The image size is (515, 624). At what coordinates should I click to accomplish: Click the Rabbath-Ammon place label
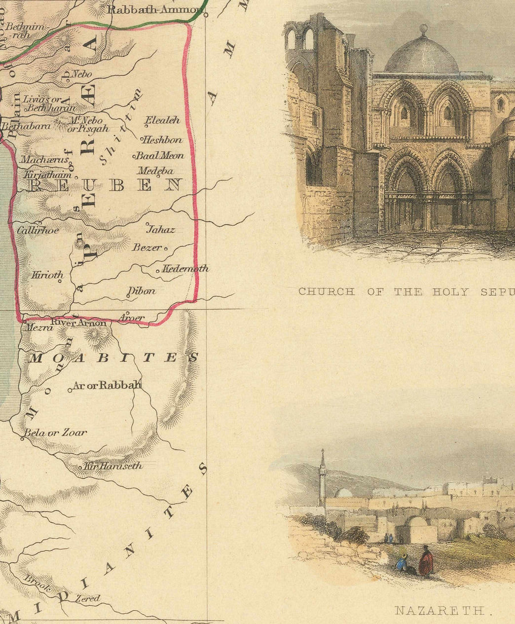pos(156,9)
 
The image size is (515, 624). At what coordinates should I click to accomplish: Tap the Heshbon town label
pos(163,140)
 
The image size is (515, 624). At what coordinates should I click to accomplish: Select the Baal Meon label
pos(160,155)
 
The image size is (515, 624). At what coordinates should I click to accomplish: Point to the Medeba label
pos(155,171)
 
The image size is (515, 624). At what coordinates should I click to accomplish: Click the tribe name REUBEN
pos(105,185)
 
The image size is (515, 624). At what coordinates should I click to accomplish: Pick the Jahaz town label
pos(161,229)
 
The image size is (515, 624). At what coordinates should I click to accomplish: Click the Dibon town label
pos(142,291)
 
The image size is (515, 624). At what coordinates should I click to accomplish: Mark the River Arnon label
pos(78,323)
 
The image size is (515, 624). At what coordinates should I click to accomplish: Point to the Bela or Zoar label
pos(56,432)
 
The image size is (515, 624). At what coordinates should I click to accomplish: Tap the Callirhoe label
pos(38,230)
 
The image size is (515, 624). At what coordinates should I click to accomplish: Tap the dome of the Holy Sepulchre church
pos(422,56)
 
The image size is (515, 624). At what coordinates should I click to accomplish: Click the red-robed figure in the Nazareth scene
pos(425,562)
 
